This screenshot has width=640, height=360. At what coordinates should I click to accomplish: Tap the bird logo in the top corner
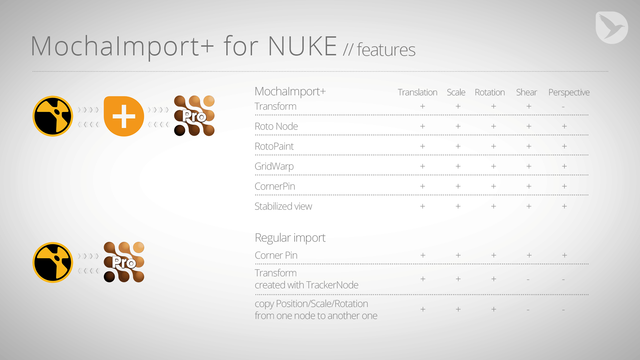(x=612, y=28)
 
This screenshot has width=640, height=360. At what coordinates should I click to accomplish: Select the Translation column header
(x=417, y=92)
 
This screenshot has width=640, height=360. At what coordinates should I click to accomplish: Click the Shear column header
(x=526, y=92)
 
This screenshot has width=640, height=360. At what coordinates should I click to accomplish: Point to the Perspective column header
(x=569, y=93)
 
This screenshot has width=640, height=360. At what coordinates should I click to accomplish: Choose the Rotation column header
(x=490, y=92)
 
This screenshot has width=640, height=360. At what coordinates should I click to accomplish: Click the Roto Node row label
(x=276, y=126)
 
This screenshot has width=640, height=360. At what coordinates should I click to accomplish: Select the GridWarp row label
(x=274, y=166)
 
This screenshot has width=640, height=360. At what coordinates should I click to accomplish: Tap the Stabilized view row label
(x=283, y=206)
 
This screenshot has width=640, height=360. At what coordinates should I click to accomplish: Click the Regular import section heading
(x=290, y=238)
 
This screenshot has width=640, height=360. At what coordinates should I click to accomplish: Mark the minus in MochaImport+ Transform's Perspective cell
(x=563, y=107)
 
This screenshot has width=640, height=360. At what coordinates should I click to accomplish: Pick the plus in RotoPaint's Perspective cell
(x=564, y=146)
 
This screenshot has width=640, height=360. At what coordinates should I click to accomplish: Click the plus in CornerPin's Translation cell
(x=423, y=186)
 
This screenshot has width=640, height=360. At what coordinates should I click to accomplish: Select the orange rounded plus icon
(x=124, y=116)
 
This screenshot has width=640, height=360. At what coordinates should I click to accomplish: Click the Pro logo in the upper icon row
(x=194, y=116)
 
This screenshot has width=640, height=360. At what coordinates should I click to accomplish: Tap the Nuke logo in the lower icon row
(x=53, y=262)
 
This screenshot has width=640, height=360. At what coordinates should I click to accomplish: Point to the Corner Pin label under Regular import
(x=276, y=255)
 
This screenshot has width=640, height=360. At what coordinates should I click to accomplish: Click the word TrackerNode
(x=332, y=285)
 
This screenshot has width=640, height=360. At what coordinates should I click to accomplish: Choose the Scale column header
(x=456, y=92)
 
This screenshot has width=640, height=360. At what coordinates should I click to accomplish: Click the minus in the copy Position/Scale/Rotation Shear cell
(x=528, y=310)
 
